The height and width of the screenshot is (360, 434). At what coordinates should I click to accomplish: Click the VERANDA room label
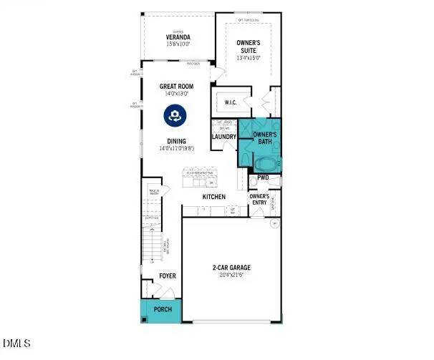(x=177, y=37)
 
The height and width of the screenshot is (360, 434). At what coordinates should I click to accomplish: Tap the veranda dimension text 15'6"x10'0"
(x=177, y=44)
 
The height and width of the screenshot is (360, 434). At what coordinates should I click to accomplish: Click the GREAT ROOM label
(x=177, y=87)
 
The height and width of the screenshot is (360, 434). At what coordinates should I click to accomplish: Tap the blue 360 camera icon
(x=174, y=115)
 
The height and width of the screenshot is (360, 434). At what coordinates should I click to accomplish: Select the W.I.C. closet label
(x=230, y=102)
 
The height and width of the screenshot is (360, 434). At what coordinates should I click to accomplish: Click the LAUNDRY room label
(x=223, y=137)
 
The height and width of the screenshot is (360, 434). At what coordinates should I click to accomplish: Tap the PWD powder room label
(x=263, y=177)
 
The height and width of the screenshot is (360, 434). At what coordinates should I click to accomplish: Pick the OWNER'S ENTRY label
(x=259, y=199)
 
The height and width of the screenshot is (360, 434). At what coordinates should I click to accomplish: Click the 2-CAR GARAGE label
(x=230, y=268)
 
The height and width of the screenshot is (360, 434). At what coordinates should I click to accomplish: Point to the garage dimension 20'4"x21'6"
(x=230, y=276)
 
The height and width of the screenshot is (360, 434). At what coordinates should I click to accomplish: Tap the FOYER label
(x=167, y=276)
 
